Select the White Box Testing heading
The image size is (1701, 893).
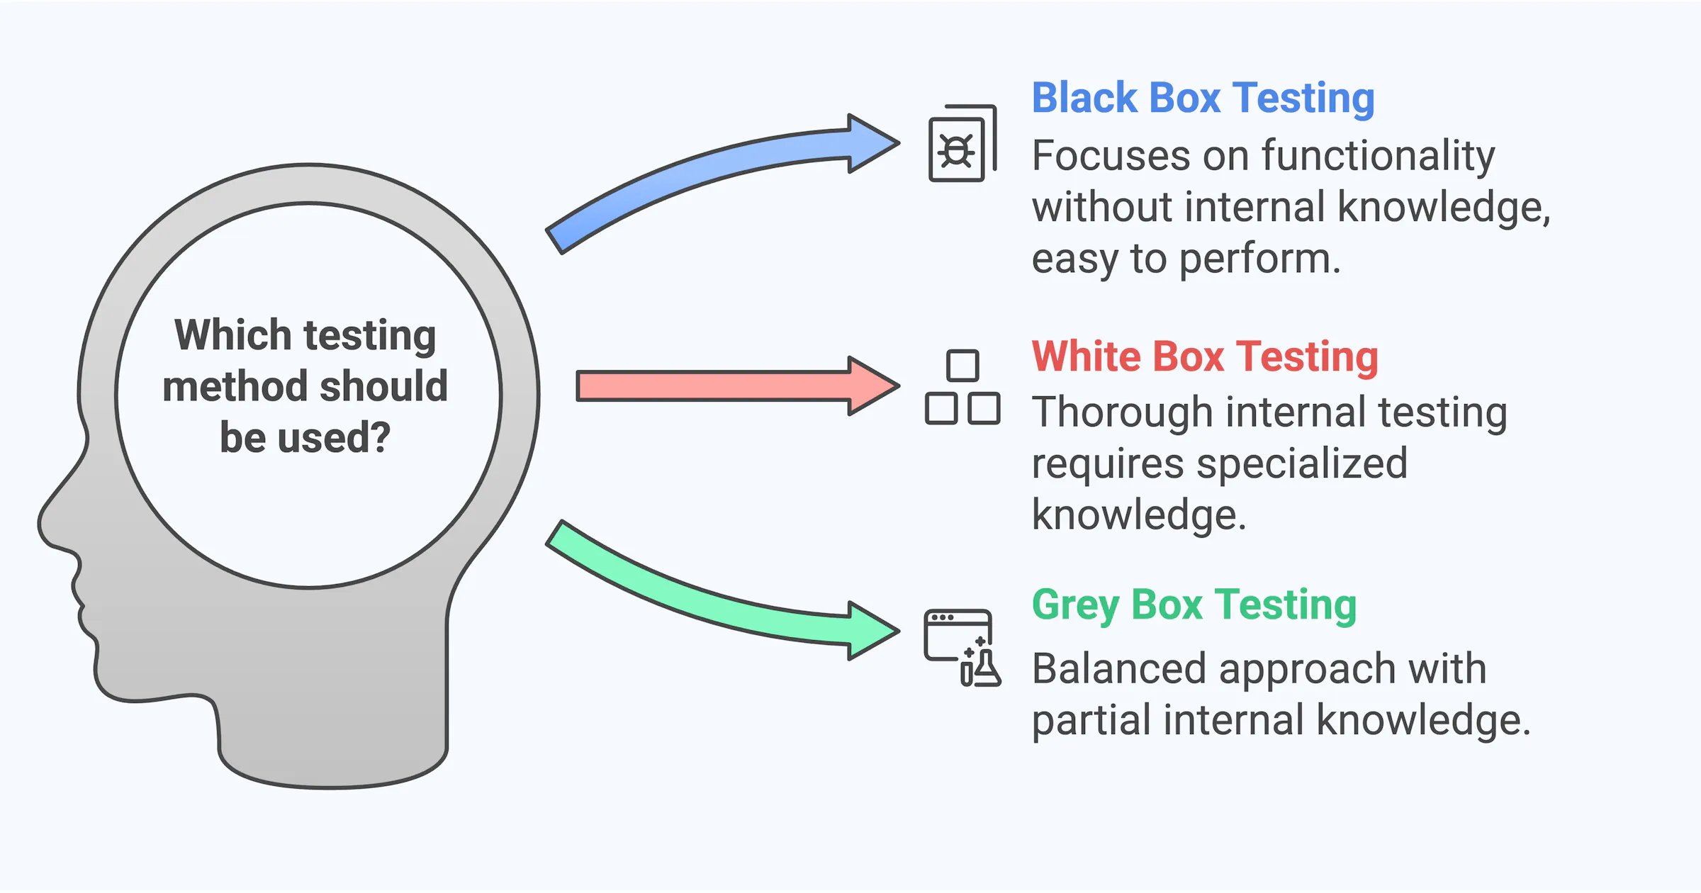(1205, 356)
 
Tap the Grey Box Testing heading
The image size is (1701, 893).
(1194, 605)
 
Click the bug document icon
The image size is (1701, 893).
(962, 144)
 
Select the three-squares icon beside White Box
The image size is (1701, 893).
(962, 388)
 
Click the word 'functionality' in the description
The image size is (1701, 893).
(1378, 155)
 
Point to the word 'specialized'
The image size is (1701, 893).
(1301, 464)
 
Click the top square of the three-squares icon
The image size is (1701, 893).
(962, 366)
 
